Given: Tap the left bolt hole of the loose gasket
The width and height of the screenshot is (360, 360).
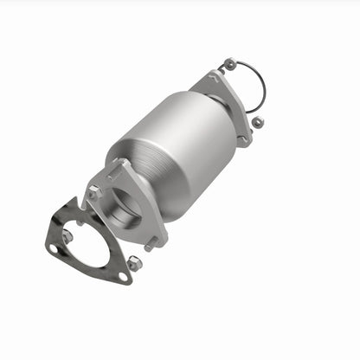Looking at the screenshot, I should click(55, 248).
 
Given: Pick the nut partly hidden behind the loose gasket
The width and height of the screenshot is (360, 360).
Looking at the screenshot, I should click(67, 235).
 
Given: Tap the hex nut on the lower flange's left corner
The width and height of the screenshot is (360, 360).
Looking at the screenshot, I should click(93, 191).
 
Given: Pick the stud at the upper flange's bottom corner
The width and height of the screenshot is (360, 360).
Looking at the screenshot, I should click(245, 139).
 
